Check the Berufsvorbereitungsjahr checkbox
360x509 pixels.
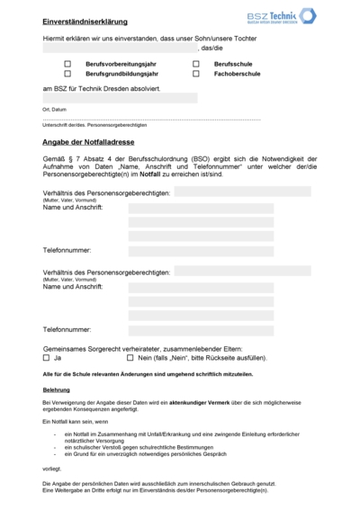tap(67, 65)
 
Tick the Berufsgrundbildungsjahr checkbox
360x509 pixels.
tap(67, 74)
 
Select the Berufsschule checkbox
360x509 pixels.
tap(195, 65)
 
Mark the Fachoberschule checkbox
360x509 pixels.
tap(195, 74)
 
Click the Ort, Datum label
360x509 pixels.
tap(54, 108)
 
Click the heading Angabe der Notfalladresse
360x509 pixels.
tap(100, 141)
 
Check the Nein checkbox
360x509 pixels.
tap(130, 357)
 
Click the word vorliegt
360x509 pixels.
tap(51, 469)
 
